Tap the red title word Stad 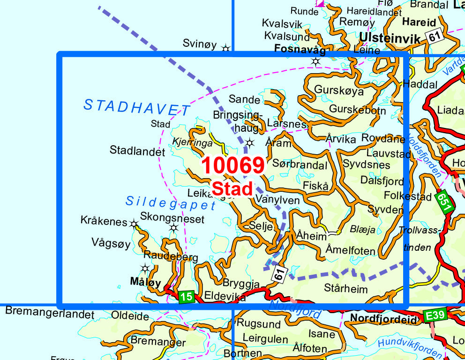pyautogui.click(x=232, y=188)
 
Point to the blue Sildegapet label pyautogui.click(x=171, y=202)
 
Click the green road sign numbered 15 pyautogui.click(x=186, y=296)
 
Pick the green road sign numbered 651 pyautogui.click(x=443, y=202)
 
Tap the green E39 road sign pyautogui.click(x=435, y=316)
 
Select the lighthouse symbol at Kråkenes pyautogui.click(x=135, y=224)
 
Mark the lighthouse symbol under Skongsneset pyautogui.click(x=174, y=228)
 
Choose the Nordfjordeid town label pyautogui.click(x=383, y=320)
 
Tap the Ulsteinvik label pyautogui.click(x=390, y=39)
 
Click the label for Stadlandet pyautogui.click(x=137, y=151)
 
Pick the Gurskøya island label pyautogui.click(x=339, y=90)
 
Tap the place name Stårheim pyautogui.click(x=346, y=288)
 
